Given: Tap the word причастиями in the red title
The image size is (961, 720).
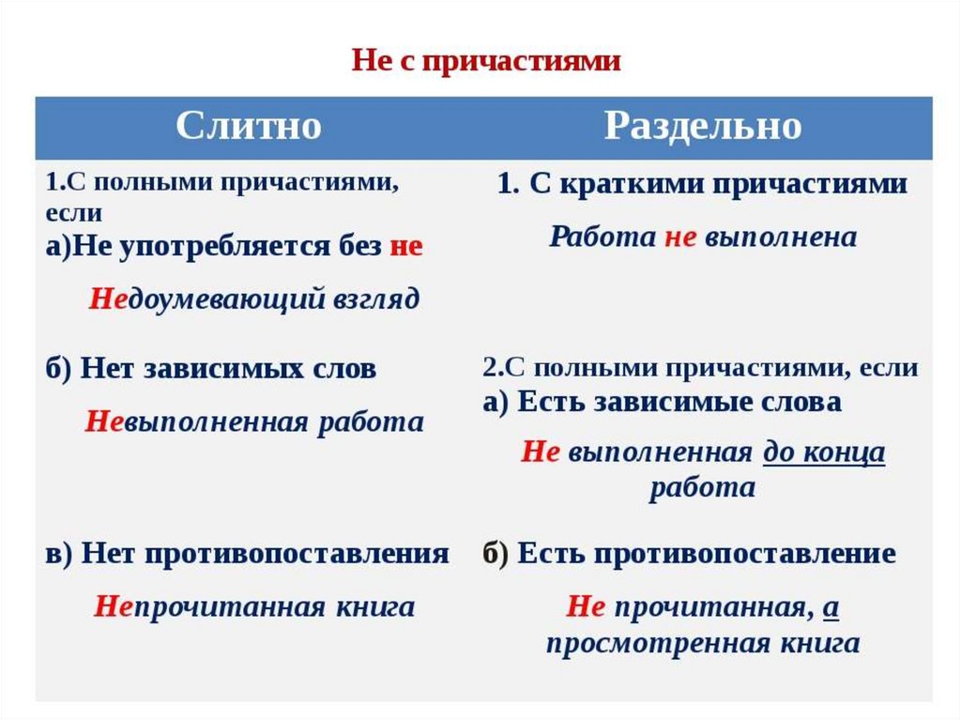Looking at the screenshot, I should pos(523,62).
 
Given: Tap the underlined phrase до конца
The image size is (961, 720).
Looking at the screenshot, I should pos(823,452).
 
